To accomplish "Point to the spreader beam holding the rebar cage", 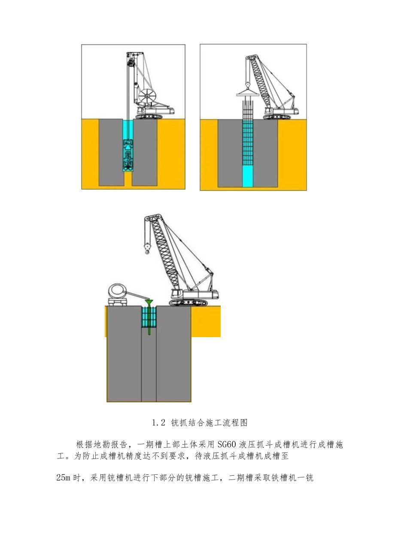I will click(x=247, y=93).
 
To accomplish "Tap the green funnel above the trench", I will click(x=149, y=303).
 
